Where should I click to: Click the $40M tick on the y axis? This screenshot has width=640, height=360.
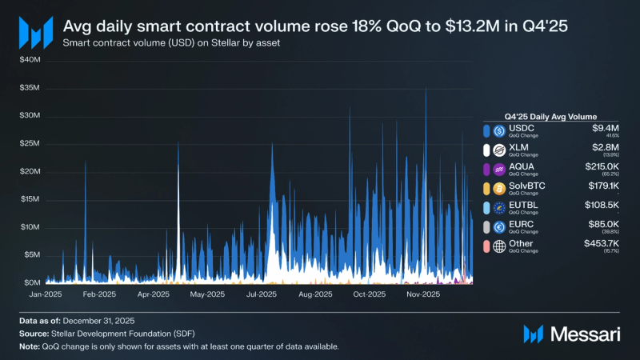(30, 60)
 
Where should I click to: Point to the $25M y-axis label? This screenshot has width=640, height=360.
(30, 143)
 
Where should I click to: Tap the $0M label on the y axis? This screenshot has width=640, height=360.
(31, 283)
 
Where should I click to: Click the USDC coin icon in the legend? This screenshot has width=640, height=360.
(500, 130)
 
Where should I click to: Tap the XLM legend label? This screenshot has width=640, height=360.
(520, 147)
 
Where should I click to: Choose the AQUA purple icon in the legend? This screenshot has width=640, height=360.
(500, 169)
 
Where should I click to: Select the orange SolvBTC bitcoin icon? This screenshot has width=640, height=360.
(500, 188)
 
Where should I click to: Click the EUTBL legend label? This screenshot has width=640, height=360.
(525, 205)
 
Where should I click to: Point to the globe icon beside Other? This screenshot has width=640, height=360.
(500, 246)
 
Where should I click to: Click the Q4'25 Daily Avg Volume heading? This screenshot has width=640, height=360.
(551, 116)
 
